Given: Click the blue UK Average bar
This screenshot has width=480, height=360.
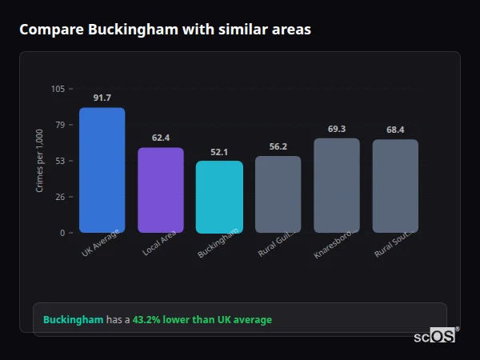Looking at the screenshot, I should point(102,170).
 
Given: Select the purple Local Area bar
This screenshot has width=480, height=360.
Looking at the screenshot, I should point(161,190).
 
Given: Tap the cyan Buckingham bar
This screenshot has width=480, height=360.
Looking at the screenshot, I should point(219,197).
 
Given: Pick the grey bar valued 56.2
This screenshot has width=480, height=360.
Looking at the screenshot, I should point(278,194).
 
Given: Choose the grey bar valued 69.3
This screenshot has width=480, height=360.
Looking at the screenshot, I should point(337,186).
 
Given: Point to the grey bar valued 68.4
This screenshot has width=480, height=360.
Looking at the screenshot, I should point(395,186).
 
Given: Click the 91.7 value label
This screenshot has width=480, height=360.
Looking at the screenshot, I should point(102,98).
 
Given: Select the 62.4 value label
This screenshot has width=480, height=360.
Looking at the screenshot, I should point(161,138).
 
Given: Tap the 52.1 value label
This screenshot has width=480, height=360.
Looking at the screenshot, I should point(219,151).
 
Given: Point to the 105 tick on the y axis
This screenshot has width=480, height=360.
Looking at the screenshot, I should point(58,89).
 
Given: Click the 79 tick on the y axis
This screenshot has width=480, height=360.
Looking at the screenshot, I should point(61,125).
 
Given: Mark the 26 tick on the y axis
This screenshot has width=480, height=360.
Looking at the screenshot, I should point(61,197).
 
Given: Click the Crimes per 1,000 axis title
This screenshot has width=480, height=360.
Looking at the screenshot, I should point(40,161).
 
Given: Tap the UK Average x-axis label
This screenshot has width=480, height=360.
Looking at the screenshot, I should point(100,244).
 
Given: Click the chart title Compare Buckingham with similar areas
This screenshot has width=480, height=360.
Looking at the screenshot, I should point(165,30).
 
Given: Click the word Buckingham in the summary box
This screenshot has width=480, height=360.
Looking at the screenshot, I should point(73,320).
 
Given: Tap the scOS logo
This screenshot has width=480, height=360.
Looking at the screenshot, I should point(436,337).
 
